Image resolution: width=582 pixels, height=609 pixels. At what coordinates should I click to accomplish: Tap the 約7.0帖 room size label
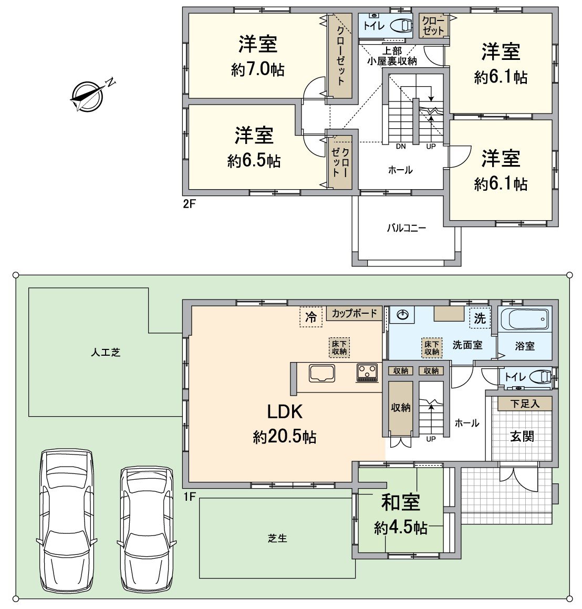coord(258,69)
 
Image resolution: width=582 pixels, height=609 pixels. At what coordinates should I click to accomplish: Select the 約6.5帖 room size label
coord(254,161)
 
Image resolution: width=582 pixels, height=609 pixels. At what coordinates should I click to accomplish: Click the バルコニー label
coord(406,228)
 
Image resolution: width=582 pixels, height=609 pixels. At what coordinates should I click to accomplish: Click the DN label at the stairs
coord(401,147)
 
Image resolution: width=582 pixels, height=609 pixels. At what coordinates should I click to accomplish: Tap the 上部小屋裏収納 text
coord(392,56)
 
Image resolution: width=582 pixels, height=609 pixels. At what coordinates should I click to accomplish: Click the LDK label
coord(285,411)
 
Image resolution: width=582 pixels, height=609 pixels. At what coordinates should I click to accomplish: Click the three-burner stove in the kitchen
coord(367,373)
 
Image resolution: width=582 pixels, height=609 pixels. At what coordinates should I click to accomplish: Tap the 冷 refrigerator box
coord(311,317)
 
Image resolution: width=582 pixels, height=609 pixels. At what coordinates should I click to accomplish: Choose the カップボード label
coord(355,314)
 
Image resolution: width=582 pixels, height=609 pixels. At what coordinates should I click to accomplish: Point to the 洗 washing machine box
coord(480,318)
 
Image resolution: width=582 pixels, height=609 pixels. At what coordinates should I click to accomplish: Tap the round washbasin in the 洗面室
coord(403,315)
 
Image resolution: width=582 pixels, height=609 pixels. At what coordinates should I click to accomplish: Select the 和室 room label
coord(400,502)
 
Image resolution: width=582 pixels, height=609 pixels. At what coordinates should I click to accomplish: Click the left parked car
coord(66,520)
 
